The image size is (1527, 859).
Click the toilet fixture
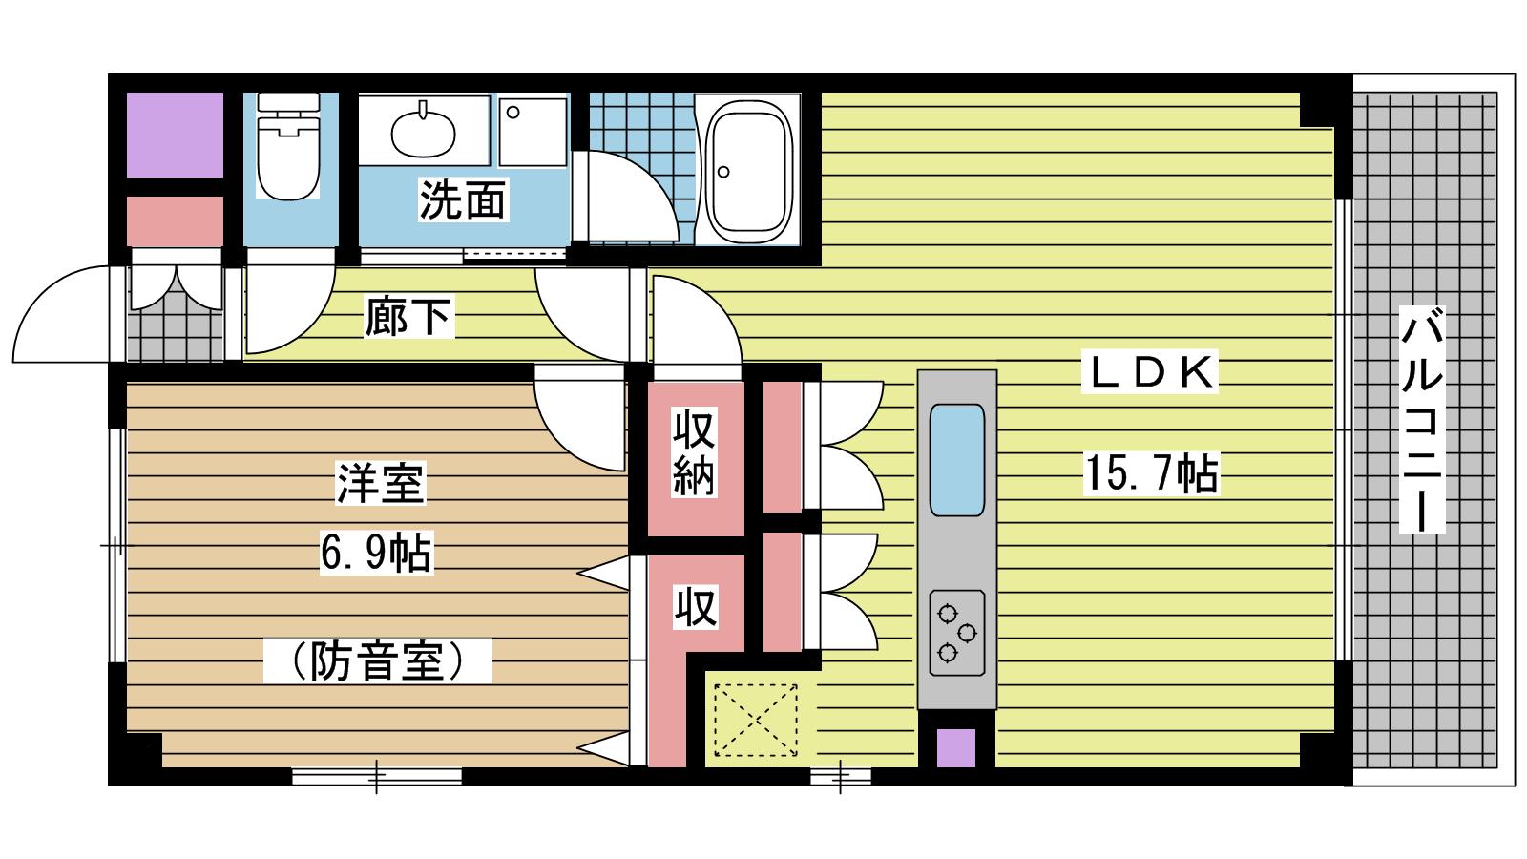[x=288, y=146]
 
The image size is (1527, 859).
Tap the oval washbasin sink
[x=423, y=133]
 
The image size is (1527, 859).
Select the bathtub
[x=748, y=169]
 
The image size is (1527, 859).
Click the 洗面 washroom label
[x=463, y=199]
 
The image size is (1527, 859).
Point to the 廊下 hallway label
[x=408, y=316]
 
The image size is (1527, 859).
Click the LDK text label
[x=1149, y=372]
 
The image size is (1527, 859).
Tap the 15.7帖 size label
[x=1151, y=473]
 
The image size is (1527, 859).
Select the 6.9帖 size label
[x=376, y=553]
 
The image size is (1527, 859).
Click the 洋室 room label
[x=381, y=483]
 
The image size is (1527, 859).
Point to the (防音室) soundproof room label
[x=378, y=660]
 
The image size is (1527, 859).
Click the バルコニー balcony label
[x=1422, y=419]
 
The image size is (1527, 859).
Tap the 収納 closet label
[x=694, y=451]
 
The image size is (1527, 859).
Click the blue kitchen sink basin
[x=957, y=459]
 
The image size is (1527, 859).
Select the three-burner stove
[x=957, y=633]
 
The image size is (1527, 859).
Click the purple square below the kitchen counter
[x=955, y=748]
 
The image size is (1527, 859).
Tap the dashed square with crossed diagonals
[x=755, y=720]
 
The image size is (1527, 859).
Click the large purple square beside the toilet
[x=176, y=135]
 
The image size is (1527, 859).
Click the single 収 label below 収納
[x=696, y=607]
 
